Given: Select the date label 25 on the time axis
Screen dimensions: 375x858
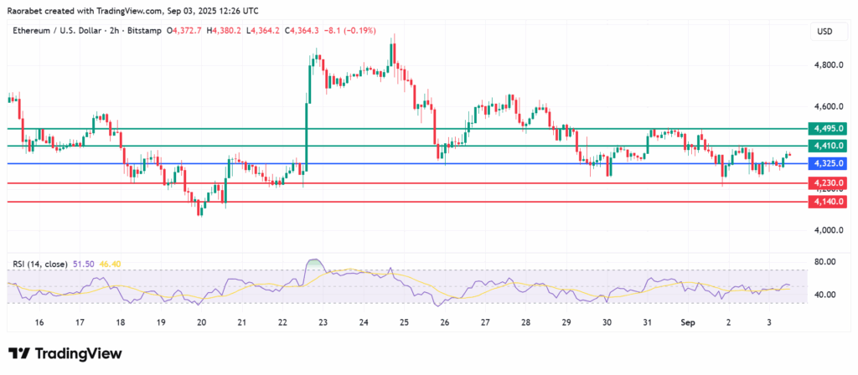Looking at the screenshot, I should pyautogui.click(x=404, y=321).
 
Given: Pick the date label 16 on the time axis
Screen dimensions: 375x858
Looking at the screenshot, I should pyautogui.click(x=39, y=321).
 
